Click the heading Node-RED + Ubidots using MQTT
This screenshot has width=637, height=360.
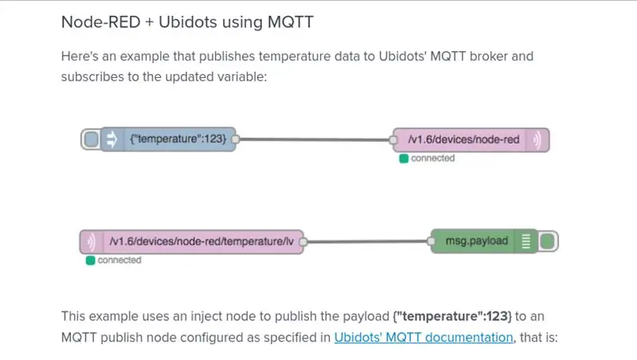(187, 22)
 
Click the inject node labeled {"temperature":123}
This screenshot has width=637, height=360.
(168, 139)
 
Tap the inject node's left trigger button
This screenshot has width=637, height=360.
(91, 139)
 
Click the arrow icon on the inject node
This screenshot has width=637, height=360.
(111, 139)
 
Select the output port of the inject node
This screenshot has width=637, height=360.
(235, 139)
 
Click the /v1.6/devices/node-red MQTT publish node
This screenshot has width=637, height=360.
(471, 139)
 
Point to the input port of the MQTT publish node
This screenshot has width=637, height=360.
(393, 140)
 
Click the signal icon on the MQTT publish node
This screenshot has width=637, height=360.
(537, 139)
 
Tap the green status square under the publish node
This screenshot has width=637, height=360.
(404, 158)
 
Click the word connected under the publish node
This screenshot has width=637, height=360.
(432, 158)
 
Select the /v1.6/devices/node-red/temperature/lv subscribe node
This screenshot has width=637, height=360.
(192, 242)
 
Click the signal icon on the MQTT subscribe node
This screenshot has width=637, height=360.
(91, 242)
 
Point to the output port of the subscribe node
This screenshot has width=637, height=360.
(303, 242)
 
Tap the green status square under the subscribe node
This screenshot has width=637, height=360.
(90, 260)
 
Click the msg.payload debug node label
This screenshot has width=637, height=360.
(477, 241)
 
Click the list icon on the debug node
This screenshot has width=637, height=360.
(526, 241)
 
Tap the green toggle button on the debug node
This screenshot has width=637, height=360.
(548, 241)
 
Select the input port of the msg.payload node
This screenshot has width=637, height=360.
(431, 241)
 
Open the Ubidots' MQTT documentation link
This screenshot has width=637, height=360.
(424, 337)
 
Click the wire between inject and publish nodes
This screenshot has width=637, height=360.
(314, 139)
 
